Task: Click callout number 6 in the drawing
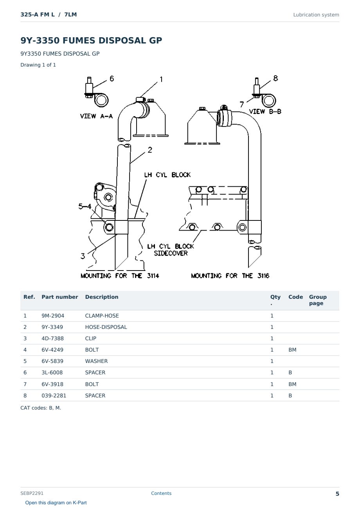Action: click(x=112, y=79)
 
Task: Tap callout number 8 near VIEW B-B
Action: click(x=275, y=78)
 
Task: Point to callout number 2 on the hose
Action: click(x=150, y=150)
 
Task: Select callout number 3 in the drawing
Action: click(x=83, y=256)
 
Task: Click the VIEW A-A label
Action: click(x=96, y=116)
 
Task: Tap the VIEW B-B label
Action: click(x=265, y=112)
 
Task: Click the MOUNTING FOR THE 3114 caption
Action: click(x=120, y=276)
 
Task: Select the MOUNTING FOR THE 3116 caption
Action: click(x=230, y=276)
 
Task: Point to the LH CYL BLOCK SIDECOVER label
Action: click(x=171, y=250)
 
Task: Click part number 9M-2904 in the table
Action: click(x=53, y=316)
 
